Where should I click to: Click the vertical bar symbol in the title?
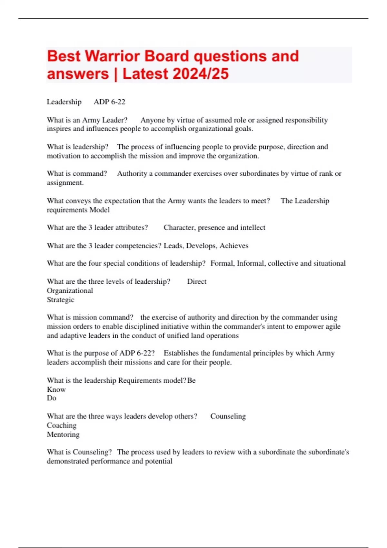116,74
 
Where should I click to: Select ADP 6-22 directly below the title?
109,102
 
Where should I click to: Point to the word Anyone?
152,120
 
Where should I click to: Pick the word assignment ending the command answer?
65,183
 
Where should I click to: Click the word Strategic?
60,300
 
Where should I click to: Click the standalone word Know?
56,389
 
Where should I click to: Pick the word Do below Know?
52,398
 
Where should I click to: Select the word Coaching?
62,426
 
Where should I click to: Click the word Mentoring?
63,435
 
